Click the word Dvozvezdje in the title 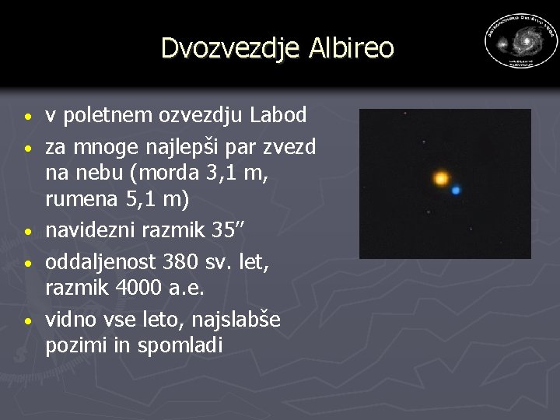click(229, 47)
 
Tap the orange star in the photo click(441, 179)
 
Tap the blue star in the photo click(456, 190)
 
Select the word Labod click(279, 115)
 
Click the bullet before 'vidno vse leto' click(27, 320)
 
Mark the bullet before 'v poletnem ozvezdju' click(27, 118)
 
